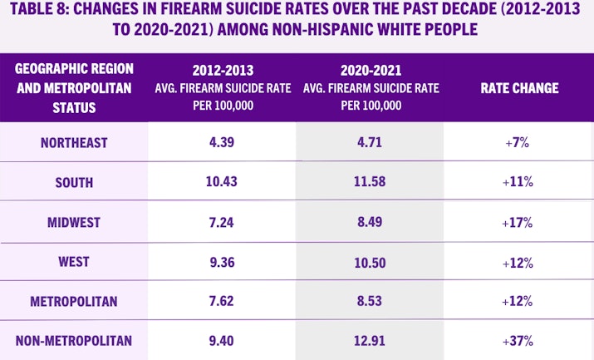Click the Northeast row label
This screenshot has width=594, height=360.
click(74, 143)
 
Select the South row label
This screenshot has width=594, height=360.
click(74, 182)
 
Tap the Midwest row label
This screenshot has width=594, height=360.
click(74, 222)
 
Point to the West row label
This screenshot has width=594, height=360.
click(74, 261)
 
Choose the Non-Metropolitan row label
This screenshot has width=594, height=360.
click(74, 340)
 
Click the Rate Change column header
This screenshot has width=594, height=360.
click(519, 88)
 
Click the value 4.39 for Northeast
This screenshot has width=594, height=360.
click(222, 143)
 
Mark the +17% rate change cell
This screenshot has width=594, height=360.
click(518, 222)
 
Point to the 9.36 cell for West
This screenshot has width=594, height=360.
click(222, 261)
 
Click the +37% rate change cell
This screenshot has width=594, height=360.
click(518, 340)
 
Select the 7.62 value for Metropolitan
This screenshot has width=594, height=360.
click(222, 301)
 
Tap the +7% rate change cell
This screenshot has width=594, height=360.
click(518, 143)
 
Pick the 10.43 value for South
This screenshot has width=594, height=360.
click(222, 182)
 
